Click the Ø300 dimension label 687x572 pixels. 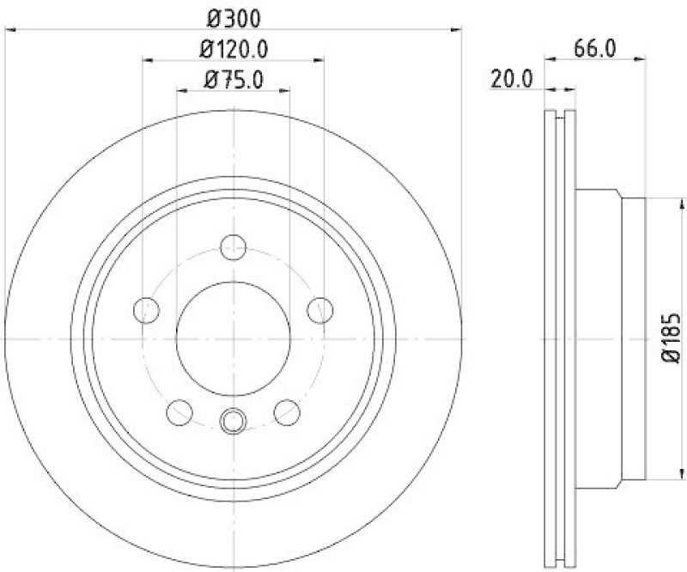234,16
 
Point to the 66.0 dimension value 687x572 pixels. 594,48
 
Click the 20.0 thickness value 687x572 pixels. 512,79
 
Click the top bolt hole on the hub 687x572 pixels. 233,247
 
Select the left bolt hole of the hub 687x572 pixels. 147,309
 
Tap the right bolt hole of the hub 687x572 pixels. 320,309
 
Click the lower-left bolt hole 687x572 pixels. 179,411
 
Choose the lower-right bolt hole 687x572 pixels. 287,411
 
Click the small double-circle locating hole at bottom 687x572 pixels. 233,420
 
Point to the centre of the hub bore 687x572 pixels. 233,338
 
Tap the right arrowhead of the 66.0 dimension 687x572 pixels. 640,60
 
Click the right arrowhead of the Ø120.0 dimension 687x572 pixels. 320,60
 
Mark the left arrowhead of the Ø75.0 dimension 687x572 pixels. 181,91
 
